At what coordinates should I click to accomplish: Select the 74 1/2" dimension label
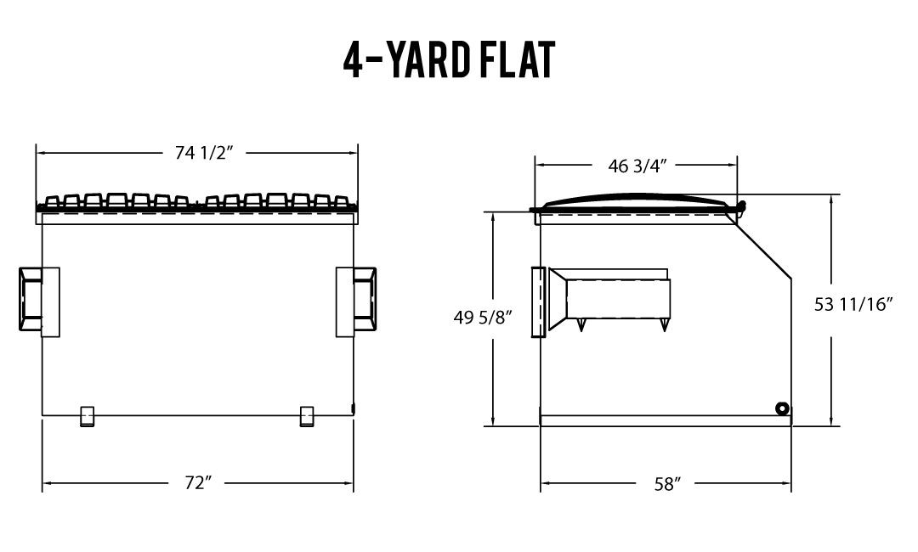click(x=204, y=153)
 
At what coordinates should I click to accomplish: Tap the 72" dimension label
click(x=197, y=483)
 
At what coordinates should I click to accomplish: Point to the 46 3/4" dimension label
click(x=637, y=166)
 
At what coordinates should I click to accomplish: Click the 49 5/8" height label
click(x=483, y=318)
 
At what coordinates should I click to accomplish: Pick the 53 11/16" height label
click(x=853, y=304)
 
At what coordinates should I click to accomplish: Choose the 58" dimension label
click(x=667, y=483)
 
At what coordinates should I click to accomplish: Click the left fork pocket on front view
click(x=39, y=301)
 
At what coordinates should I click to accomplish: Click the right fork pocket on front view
click(x=356, y=301)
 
